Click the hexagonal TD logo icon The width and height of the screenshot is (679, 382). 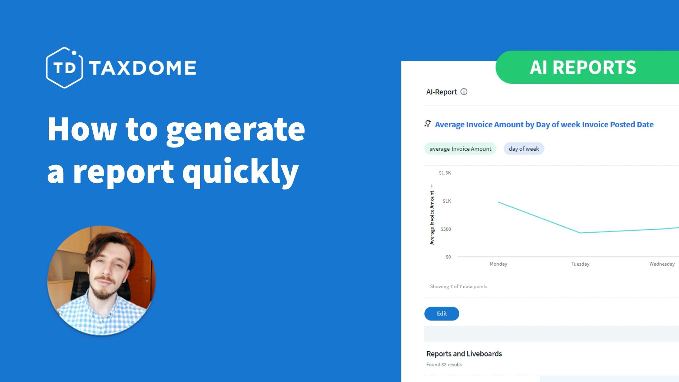[64, 68]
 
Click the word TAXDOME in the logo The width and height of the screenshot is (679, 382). [143, 68]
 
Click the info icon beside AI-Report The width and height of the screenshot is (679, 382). [464, 92]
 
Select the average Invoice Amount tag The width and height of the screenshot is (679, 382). [460, 149]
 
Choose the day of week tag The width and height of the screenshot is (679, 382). [524, 149]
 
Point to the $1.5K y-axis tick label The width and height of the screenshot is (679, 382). [445, 173]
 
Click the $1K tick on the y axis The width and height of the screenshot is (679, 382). [447, 201]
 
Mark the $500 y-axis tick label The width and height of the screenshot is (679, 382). [446, 229]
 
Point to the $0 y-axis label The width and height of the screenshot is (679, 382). [448, 257]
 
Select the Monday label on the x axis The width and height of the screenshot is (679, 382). [498, 264]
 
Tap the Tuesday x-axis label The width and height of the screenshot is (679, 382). [580, 264]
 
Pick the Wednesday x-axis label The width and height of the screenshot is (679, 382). [662, 264]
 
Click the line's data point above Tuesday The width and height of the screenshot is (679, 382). [580, 233]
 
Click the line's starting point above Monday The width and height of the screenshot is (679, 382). [499, 202]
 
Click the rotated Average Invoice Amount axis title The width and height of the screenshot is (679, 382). [432, 218]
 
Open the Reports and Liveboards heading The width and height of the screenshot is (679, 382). [464, 354]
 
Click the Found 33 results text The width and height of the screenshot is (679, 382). [444, 365]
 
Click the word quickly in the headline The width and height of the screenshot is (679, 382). [240, 172]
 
